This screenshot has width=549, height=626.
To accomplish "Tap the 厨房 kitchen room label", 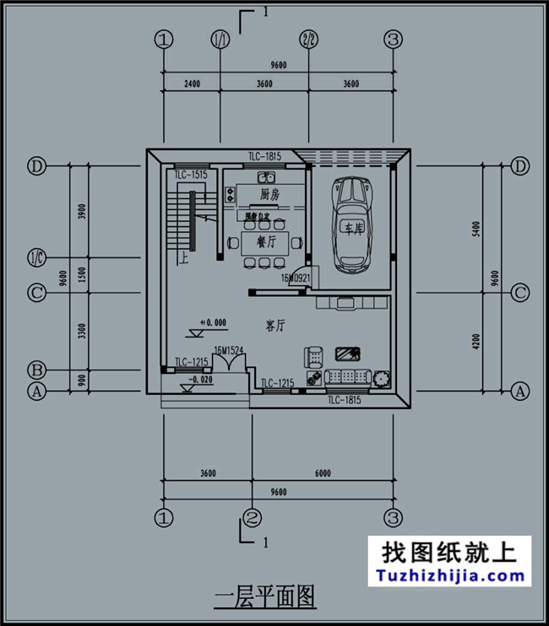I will click(x=269, y=195).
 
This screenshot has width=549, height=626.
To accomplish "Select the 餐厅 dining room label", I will click(x=253, y=242).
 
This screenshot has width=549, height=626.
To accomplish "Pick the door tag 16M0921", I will click(x=296, y=277).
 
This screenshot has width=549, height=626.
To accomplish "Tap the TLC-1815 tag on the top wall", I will click(x=264, y=156).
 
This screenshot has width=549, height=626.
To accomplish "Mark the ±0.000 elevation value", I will click(x=213, y=322).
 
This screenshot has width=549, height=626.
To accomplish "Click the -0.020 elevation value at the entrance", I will click(x=201, y=380).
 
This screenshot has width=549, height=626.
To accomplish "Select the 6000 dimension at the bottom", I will click(x=323, y=473).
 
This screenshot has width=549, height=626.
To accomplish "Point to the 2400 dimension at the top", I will click(x=190, y=84).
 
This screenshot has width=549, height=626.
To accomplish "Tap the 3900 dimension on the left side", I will click(x=82, y=212).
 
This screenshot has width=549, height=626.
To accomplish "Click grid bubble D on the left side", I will click(x=36, y=165).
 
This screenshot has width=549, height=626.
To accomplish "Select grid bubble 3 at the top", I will click(x=393, y=39).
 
